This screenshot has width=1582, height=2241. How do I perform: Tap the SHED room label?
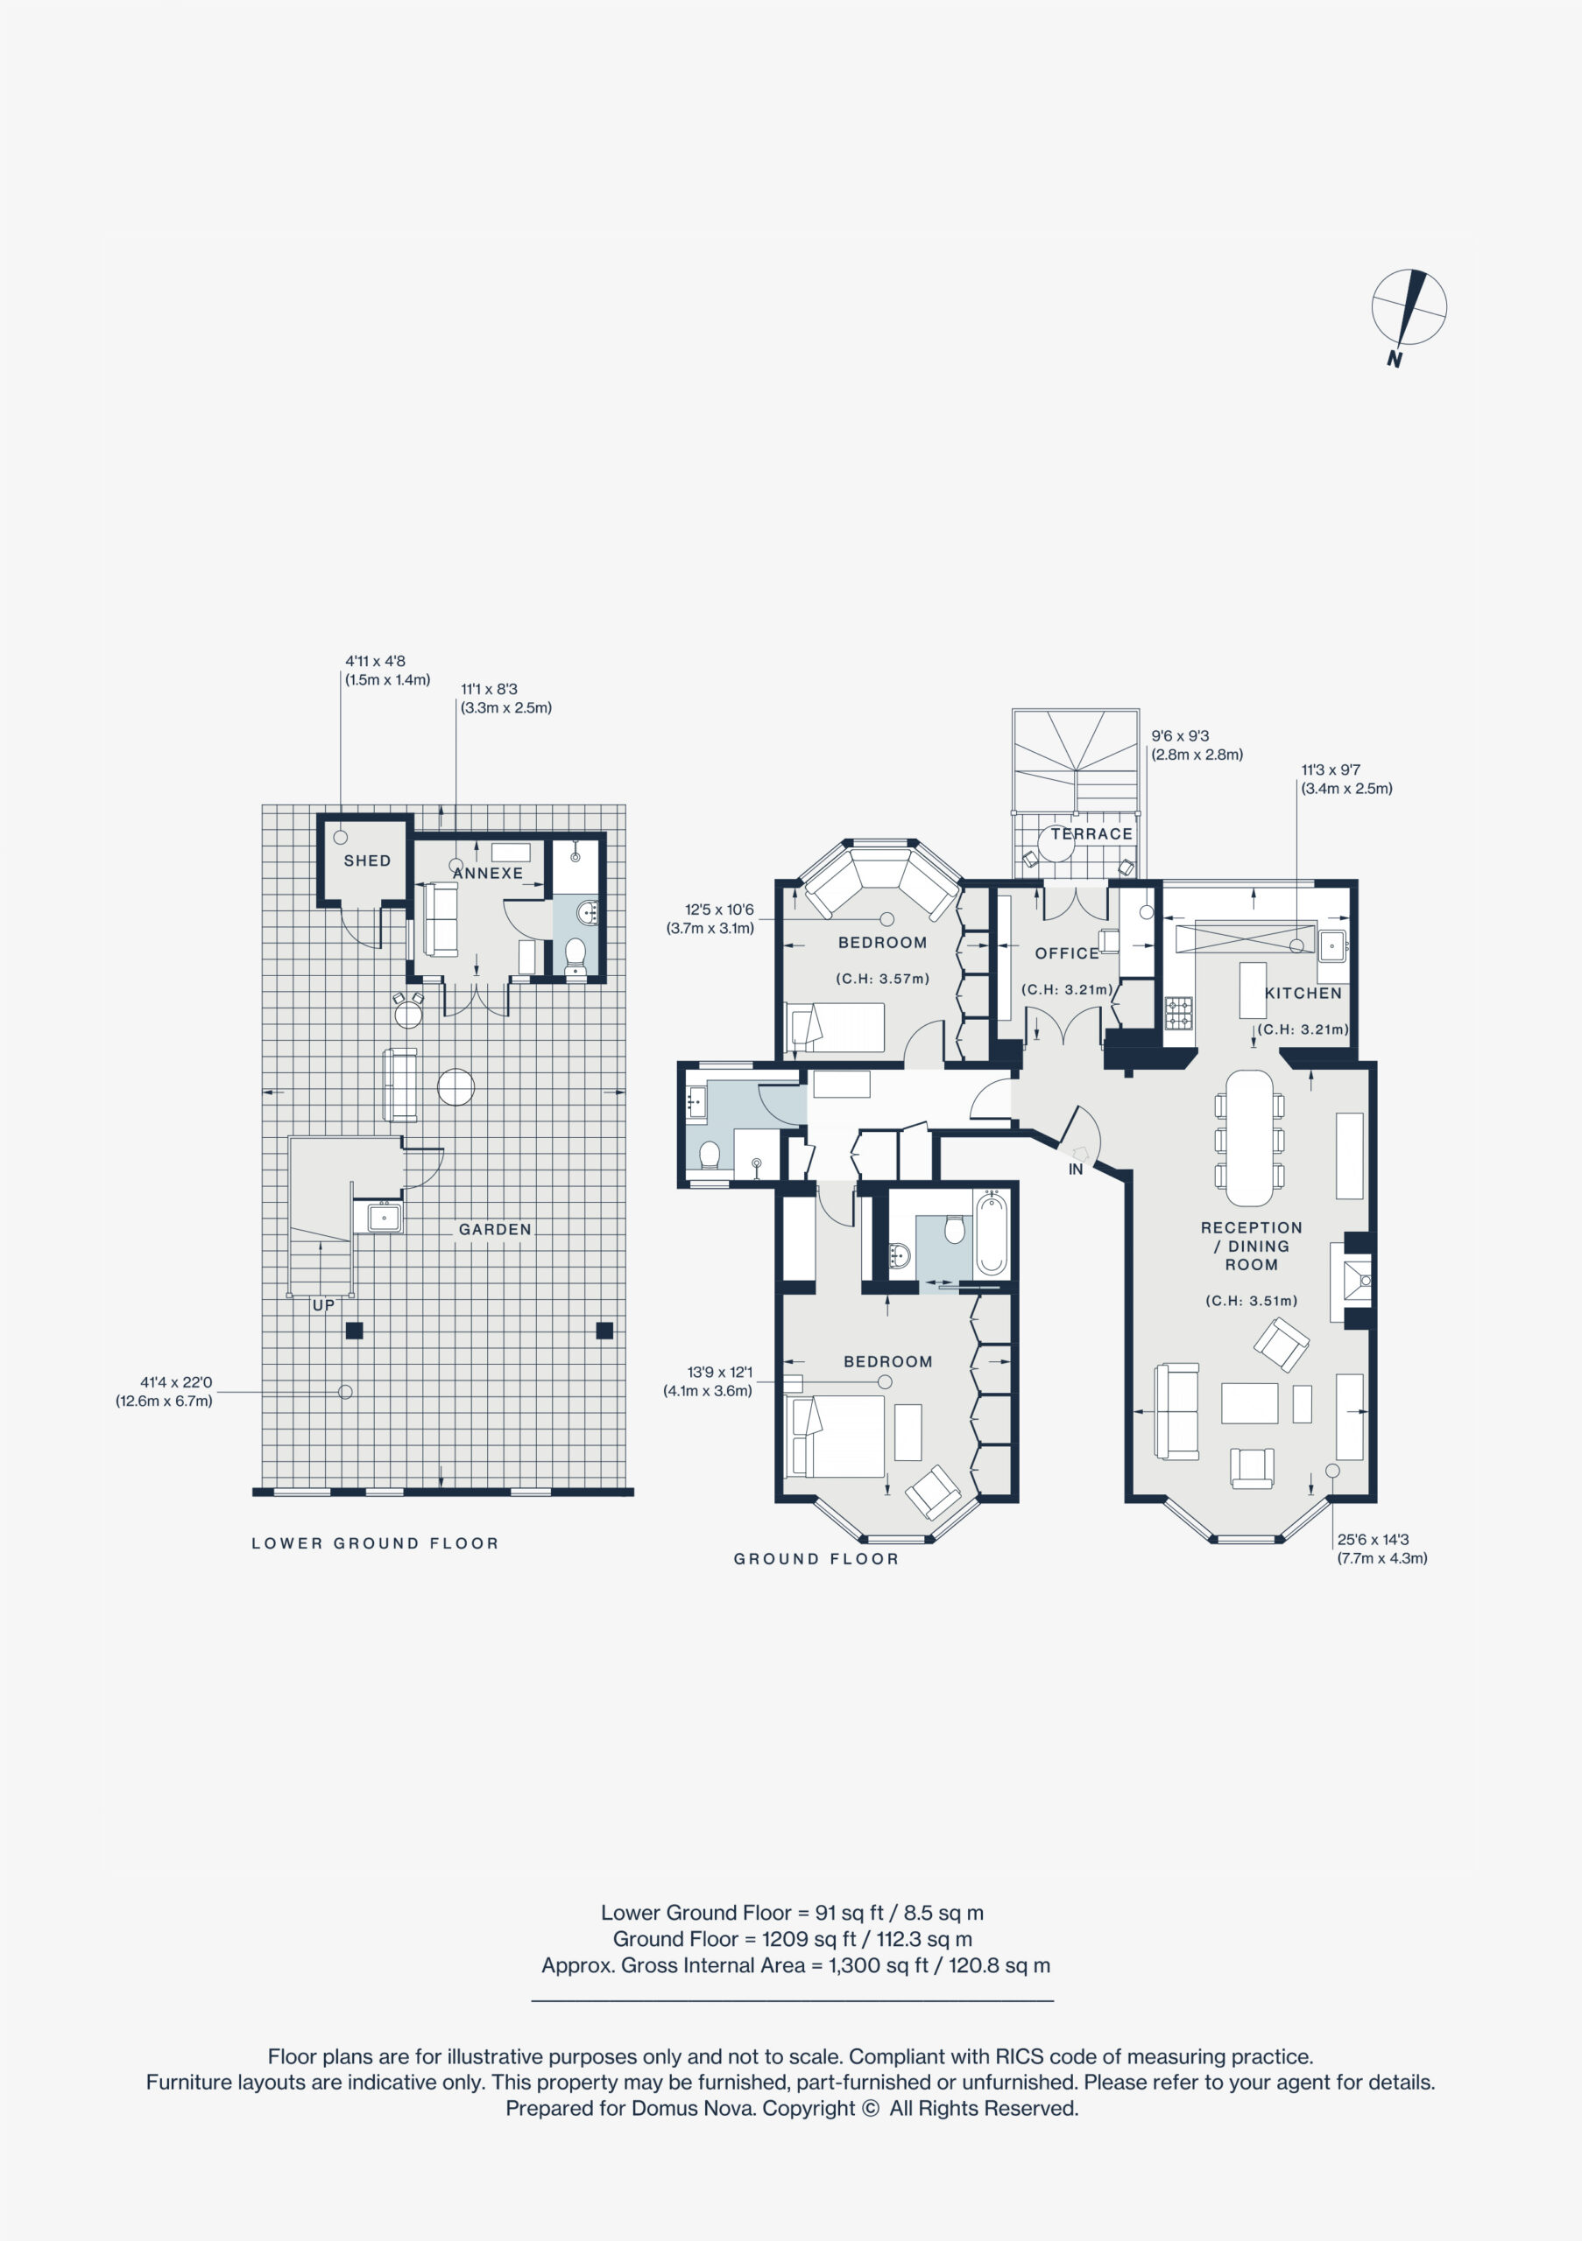tap(367, 861)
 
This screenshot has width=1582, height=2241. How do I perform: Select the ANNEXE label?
tap(488, 874)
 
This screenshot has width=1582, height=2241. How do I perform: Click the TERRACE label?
tap(1091, 833)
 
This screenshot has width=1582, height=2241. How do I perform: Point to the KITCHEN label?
tap(1303, 993)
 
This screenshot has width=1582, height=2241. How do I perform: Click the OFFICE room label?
tap(1067, 953)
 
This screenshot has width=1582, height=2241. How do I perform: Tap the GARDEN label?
tap(495, 1230)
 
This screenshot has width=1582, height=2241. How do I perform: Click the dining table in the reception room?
tap(1250, 1138)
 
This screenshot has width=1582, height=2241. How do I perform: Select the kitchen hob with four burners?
tap(1179, 1013)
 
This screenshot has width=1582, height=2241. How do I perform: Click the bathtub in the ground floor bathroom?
tap(992, 1233)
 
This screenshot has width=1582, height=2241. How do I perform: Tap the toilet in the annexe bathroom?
tap(576, 954)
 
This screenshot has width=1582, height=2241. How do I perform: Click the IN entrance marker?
tap(1075, 1170)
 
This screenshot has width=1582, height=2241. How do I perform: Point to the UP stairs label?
tap(323, 1305)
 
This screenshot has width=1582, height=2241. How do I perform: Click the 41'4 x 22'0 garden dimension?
tap(176, 1382)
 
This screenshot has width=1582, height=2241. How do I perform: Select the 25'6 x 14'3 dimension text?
tap(1373, 1539)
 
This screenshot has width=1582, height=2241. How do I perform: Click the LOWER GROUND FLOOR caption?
tap(375, 1543)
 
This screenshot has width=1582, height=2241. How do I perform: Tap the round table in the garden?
tap(456, 1086)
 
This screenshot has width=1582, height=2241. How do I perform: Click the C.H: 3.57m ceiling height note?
tap(883, 979)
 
